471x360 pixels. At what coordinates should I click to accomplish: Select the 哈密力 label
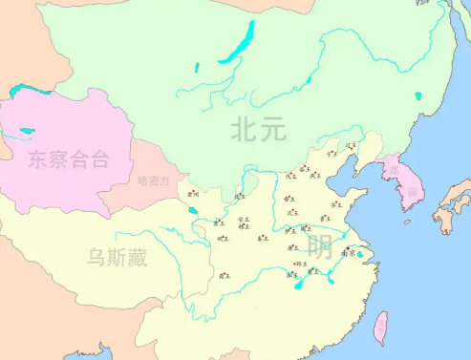coord(153,180)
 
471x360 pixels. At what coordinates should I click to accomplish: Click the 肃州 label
coord(193,194)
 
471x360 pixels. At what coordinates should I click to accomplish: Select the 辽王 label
coord(350,146)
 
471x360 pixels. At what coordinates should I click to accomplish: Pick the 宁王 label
coord(332,153)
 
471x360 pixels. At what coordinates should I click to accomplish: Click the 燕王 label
coord(316,176)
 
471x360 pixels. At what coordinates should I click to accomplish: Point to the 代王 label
coord(290,176)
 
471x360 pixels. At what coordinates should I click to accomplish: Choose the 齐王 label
coord(336,204)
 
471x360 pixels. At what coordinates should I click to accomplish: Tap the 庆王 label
coord(239,196)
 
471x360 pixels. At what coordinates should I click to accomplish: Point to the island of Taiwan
coord(380,328)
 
